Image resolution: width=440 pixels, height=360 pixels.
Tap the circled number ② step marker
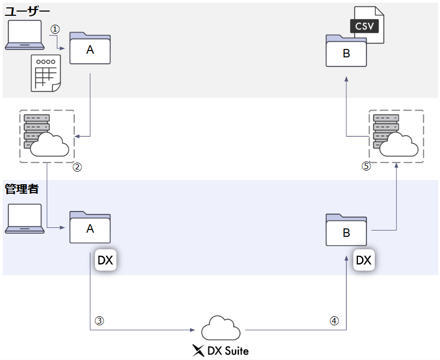tap(77, 167)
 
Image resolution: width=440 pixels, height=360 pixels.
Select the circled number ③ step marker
tap(99, 321)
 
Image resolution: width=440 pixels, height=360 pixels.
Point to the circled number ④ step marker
tap(334, 320)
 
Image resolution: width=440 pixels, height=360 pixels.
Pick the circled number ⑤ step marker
tap(366, 166)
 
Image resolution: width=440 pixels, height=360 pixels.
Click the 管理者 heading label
tap(22, 189)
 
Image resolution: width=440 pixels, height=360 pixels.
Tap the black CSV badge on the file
tap(364, 25)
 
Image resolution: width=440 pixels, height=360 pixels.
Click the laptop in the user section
tap(24, 35)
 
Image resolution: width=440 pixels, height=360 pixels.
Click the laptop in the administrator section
tap(24, 218)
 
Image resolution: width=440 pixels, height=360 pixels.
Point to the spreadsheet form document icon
tap(45, 73)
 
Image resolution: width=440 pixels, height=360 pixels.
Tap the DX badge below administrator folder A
tap(105, 260)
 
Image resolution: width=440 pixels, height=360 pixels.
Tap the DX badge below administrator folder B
tap(363, 260)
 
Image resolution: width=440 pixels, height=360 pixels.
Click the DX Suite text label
tap(221, 350)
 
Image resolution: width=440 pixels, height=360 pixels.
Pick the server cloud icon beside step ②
tap(46, 136)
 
